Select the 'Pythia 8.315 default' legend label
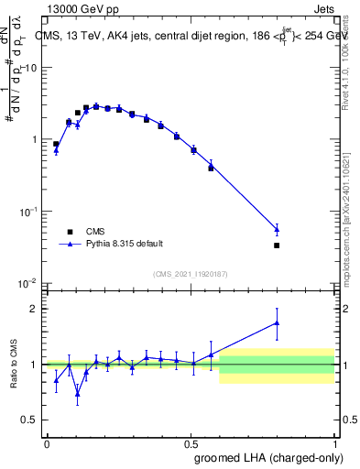point(125,244)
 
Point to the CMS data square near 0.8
point(277,245)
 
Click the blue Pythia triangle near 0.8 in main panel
point(277,229)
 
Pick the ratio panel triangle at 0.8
point(277,322)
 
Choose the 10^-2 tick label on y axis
point(29,283)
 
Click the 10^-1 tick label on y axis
point(29,212)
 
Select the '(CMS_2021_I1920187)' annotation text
point(191,273)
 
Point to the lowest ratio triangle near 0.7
point(77,395)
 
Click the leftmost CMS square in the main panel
point(56,144)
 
